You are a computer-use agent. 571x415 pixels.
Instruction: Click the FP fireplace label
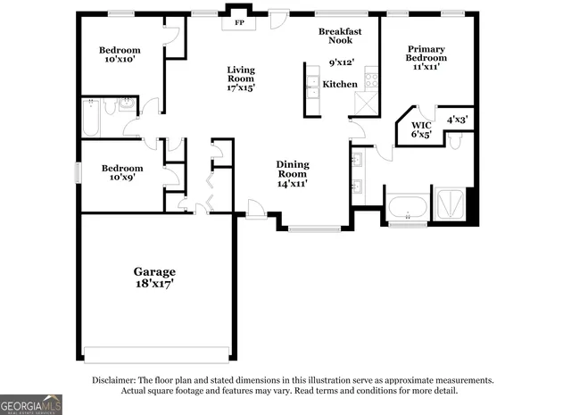click(x=238, y=23)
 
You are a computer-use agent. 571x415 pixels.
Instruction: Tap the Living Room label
click(x=241, y=79)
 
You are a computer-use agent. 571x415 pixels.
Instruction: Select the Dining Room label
click(x=292, y=173)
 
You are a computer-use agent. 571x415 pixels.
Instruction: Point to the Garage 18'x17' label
click(x=154, y=277)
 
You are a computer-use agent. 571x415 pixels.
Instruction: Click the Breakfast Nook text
click(x=341, y=36)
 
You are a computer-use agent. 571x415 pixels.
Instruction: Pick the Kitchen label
click(x=340, y=85)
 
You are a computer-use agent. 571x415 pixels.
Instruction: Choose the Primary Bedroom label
click(x=426, y=59)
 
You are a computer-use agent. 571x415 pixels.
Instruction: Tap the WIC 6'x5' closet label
click(x=421, y=129)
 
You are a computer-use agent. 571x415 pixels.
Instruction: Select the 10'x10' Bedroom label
click(x=120, y=54)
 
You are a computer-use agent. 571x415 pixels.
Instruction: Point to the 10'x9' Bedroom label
click(x=121, y=173)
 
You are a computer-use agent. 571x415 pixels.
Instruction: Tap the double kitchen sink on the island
click(x=313, y=87)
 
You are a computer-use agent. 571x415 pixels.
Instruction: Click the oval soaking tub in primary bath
click(x=408, y=208)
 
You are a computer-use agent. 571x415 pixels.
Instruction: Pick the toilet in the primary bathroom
click(x=455, y=141)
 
